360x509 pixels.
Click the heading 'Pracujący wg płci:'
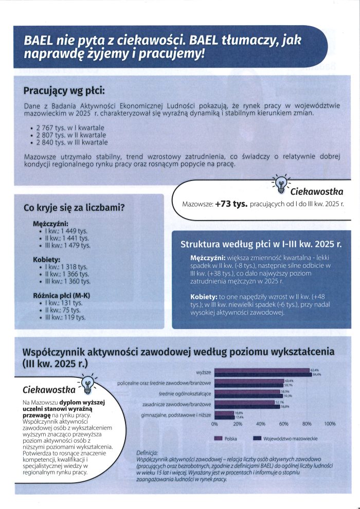coord(64,91)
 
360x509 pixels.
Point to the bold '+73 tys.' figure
coord(231,204)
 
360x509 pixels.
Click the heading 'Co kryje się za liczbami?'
coord(75,208)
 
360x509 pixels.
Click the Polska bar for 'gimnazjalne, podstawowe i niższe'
coord(224,412)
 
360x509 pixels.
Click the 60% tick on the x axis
coord(283,424)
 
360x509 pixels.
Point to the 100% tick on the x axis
coord(330,424)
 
